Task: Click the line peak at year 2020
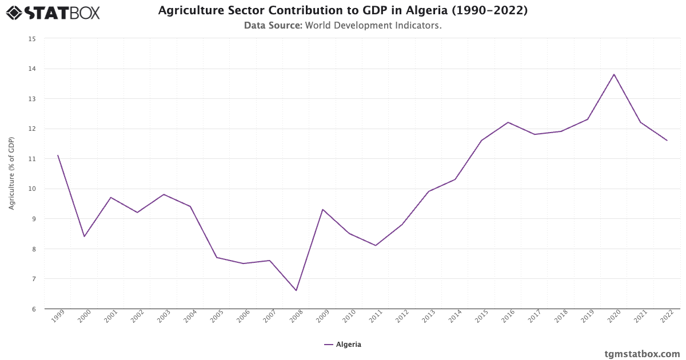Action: coord(614,74)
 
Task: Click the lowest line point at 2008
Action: coord(296,290)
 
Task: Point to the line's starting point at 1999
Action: coord(58,155)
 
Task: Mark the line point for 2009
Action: coord(322,209)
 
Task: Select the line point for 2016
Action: coord(508,122)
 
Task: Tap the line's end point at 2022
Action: coord(667,141)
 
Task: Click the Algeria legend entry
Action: coord(342,345)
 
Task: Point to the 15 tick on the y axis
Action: coord(32,39)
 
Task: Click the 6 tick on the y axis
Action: coord(33,309)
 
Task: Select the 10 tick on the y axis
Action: coord(32,189)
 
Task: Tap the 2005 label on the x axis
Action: coord(216,318)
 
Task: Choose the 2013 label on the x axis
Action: coord(428,318)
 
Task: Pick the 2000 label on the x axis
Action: coord(84,318)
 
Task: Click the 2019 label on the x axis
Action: coord(587,318)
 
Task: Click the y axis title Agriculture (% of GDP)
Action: coord(12,173)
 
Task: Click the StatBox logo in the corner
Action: coord(53,12)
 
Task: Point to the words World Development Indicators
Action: coord(373,26)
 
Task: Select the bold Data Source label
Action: coord(273,26)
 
